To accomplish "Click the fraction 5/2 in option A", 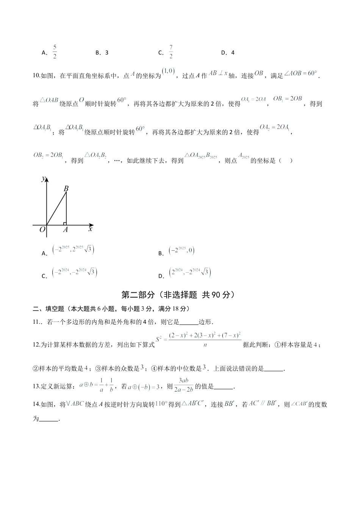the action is tap(55, 52).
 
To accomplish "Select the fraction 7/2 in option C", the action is tap(171, 52).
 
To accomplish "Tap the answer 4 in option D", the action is tap(233, 53).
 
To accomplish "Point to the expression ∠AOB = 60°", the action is tap(301, 73).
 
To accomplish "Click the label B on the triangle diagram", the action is tap(66, 188).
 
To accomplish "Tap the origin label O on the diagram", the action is tap(42, 229).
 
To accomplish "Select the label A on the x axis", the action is tap(65, 230).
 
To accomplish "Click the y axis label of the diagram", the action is tap(44, 178).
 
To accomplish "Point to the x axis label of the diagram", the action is tap(91, 229).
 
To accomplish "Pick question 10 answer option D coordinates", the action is tap(190, 273).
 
